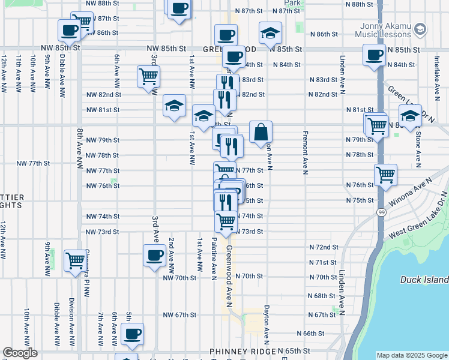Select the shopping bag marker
tap(261, 133)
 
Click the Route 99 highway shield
tap(382, 212)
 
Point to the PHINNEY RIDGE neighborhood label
tap(242, 351)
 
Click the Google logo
tap(20, 353)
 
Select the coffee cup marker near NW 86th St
tap(70, 30)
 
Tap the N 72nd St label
tap(324, 247)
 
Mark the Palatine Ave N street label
tap(214, 259)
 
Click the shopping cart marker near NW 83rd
tap(148, 77)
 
